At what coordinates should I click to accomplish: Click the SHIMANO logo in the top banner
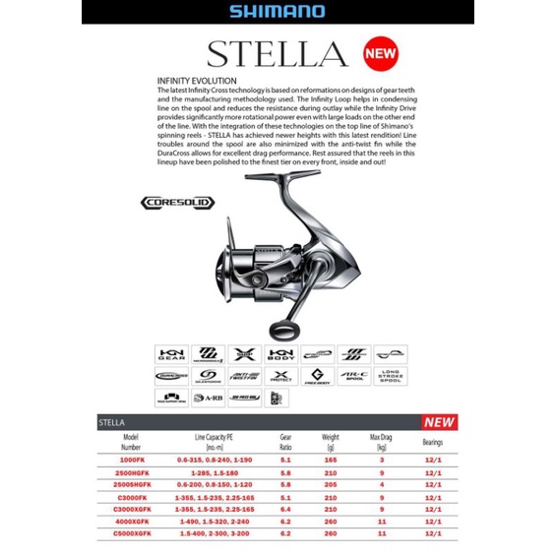pyautogui.click(x=278, y=13)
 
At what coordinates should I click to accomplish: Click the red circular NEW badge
pyautogui.click(x=382, y=51)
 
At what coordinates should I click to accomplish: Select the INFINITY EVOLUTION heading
pyautogui.click(x=198, y=80)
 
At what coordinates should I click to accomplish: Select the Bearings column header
pyautogui.click(x=433, y=442)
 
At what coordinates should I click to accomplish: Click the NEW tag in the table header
pyautogui.click(x=439, y=422)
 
